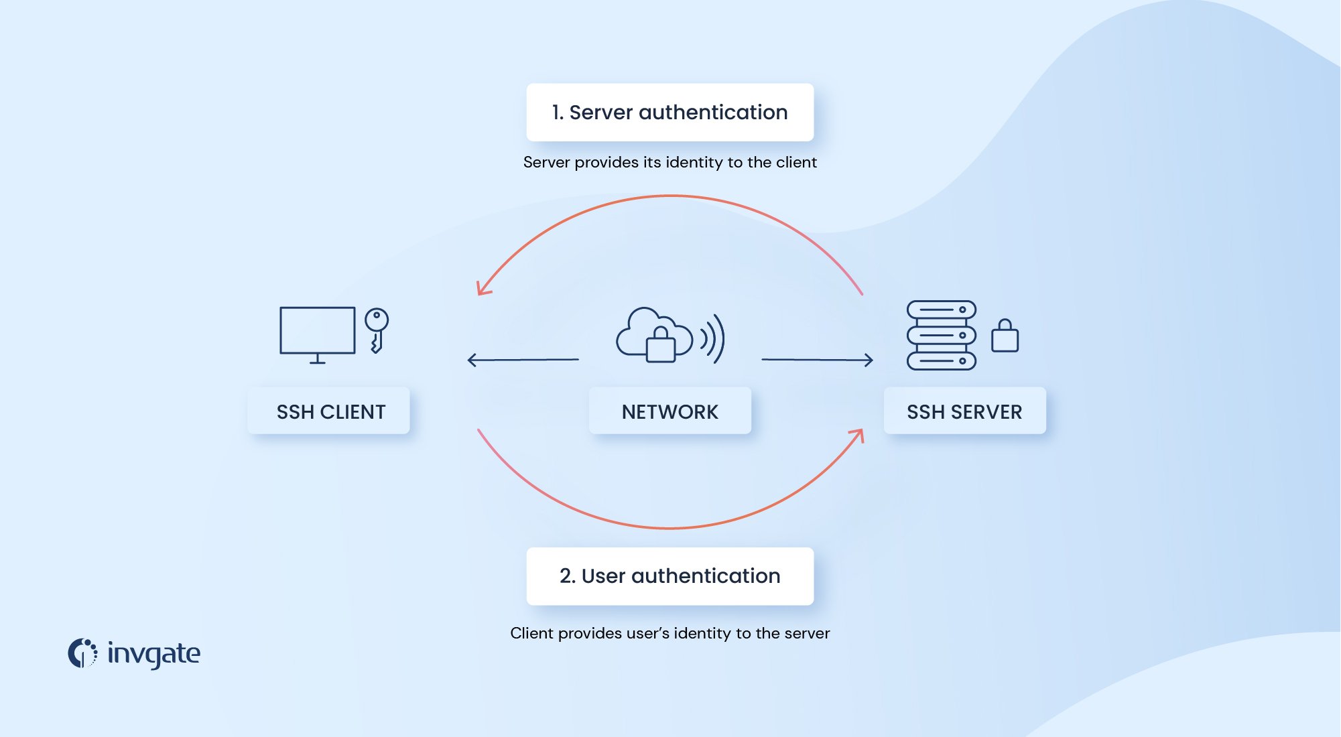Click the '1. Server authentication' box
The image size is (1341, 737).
(669, 112)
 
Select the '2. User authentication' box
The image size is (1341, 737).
(669, 576)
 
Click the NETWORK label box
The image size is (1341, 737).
(669, 411)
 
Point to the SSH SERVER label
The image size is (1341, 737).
(964, 411)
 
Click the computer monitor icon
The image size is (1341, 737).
(317, 334)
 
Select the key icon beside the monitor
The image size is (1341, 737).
(377, 329)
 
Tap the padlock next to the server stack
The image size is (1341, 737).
(1005, 336)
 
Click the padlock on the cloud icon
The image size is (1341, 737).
(660, 346)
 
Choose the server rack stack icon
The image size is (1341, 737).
(941, 335)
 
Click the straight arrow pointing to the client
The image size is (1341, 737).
(522, 360)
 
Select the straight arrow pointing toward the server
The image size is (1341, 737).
(818, 360)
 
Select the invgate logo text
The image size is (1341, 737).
(153, 654)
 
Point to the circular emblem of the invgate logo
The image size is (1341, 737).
(82, 653)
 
